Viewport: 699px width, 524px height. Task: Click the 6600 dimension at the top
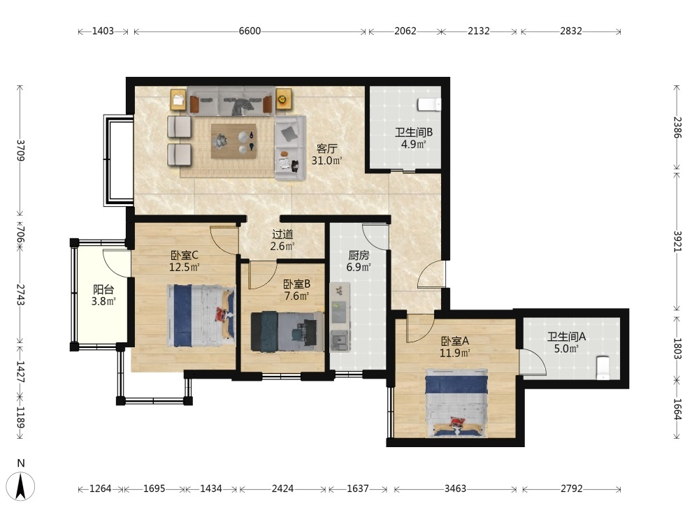[250, 31]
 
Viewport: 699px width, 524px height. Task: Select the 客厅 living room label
[327, 148]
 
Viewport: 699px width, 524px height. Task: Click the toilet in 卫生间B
[429, 105]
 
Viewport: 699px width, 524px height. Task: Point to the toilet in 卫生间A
[603, 367]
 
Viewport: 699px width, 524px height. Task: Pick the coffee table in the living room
[233, 141]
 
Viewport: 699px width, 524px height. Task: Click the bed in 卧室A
[456, 402]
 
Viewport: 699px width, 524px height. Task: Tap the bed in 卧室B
[287, 331]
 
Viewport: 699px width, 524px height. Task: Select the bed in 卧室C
[201, 316]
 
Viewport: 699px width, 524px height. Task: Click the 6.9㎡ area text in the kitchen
[359, 268]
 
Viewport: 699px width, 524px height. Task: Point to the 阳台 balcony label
[103, 290]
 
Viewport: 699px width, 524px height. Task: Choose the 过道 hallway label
[282, 234]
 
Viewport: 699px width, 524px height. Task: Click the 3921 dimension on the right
[677, 241]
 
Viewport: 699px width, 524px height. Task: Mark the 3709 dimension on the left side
[20, 150]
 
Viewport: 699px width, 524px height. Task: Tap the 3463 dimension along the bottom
[455, 489]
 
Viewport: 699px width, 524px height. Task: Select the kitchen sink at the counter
[340, 341]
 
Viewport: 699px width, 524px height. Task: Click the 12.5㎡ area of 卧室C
[184, 268]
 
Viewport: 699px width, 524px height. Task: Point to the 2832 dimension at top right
[571, 31]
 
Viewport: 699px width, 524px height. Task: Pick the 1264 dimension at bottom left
[100, 489]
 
